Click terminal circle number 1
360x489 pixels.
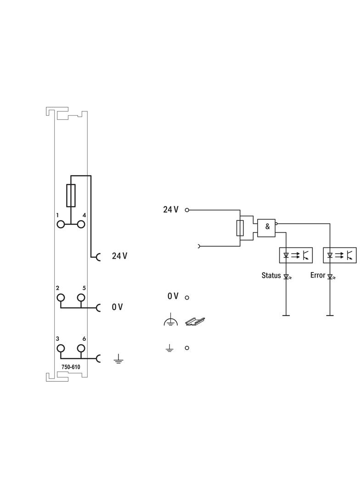tap(61, 224)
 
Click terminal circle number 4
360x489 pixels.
tap(81, 224)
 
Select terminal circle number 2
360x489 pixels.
tap(61, 298)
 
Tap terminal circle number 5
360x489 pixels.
tap(81, 298)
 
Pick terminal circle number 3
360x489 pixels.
tap(61, 348)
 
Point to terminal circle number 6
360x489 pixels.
tap(81, 348)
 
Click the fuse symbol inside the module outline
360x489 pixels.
tap(71, 195)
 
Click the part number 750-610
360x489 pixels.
tap(71, 367)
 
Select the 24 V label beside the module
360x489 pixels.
tap(119, 256)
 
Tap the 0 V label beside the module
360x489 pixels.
tap(118, 307)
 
